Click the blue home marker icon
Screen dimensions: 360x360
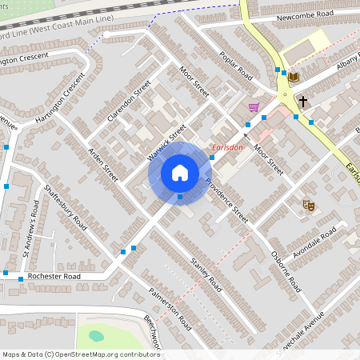[x=180, y=172]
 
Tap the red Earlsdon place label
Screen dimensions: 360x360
[x=227, y=147]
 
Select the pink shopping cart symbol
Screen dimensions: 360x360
[x=254, y=107]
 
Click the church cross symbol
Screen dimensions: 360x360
[x=303, y=102]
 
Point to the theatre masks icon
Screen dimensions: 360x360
[x=308, y=206]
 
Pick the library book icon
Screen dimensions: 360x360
[x=293, y=77]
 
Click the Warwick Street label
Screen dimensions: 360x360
[x=166, y=140]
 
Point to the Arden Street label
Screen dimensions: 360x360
[x=103, y=164]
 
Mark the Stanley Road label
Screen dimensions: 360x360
[x=205, y=272]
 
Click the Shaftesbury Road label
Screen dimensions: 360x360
[x=66, y=207]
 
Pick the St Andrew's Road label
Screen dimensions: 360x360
[x=30, y=231]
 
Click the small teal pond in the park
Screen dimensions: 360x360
[x=96, y=336]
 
